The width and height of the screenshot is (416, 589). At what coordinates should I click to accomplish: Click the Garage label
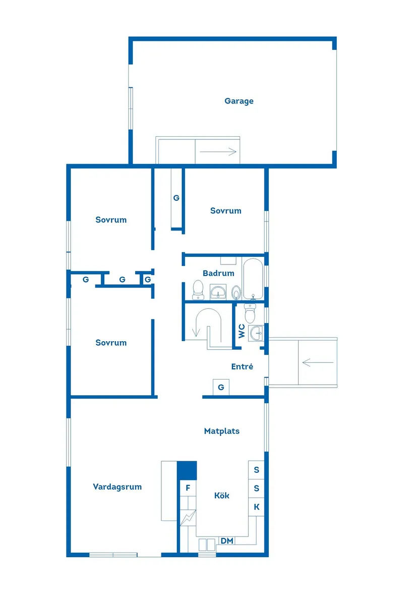point(239,101)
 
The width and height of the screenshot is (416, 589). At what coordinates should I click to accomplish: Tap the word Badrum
point(218,273)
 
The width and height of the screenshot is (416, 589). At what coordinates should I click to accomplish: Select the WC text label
point(242,331)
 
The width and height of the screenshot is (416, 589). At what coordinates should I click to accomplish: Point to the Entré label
point(242,366)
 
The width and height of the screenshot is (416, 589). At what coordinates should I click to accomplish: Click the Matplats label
point(221,431)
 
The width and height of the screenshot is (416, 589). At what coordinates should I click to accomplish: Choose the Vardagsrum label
point(117,487)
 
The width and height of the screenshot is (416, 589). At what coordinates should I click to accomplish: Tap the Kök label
point(221,496)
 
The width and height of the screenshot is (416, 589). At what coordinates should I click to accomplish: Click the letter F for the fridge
point(188,488)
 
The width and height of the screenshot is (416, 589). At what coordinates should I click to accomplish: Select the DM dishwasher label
point(227,541)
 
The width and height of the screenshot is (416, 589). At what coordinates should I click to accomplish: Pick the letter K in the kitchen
point(257,507)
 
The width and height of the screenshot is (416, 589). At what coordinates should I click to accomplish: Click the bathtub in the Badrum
point(253,278)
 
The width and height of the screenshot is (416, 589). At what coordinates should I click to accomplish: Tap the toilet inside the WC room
point(250,313)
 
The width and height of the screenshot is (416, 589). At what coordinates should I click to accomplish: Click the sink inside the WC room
point(257,333)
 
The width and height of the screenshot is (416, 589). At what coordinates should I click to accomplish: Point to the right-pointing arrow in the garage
point(218,152)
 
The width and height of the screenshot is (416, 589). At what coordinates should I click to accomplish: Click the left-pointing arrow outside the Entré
point(318,362)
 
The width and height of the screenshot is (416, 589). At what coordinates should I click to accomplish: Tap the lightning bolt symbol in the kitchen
point(188,518)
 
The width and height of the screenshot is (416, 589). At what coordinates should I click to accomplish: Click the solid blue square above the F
point(187,470)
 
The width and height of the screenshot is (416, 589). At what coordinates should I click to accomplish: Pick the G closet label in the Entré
point(221,387)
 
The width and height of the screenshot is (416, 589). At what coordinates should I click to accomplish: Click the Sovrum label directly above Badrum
point(225,211)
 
